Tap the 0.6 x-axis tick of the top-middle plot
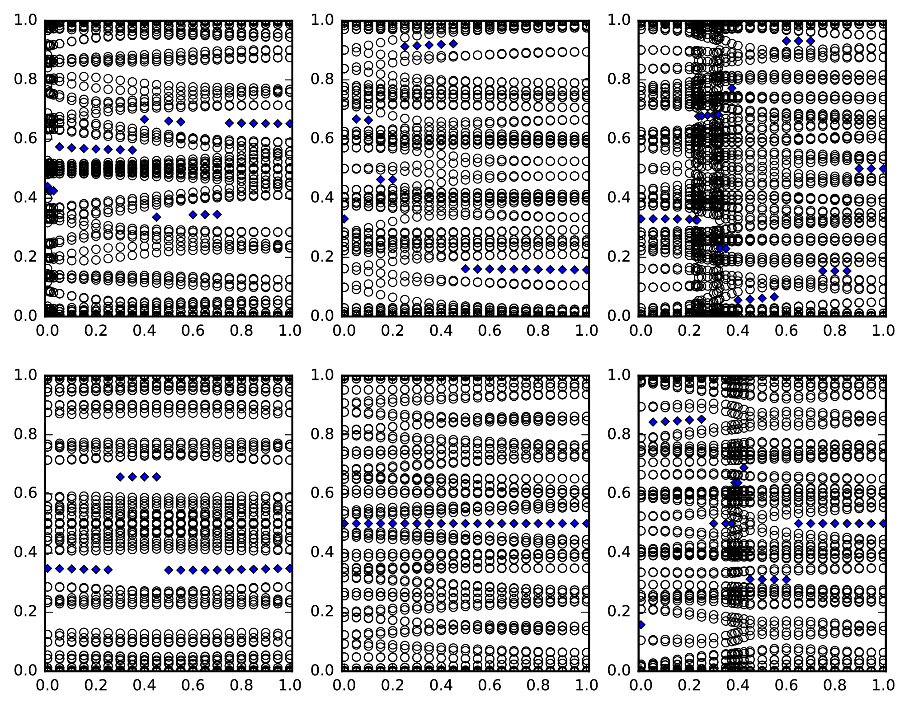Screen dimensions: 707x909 coord(490,331)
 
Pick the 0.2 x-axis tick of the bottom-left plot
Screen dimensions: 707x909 coord(94,686)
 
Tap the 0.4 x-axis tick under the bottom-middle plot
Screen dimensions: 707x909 coord(440,686)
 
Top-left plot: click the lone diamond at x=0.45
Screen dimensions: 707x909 coord(156,217)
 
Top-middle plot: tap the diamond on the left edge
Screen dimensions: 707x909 coord(344,219)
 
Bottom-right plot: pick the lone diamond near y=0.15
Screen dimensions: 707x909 coord(641,625)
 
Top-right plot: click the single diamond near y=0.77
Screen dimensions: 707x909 coord(732,88)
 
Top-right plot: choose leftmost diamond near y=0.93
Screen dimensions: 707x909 coord(787,41)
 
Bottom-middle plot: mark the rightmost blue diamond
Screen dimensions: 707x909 coord(586,523)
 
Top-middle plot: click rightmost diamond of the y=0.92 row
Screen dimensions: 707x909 coord(453,44)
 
